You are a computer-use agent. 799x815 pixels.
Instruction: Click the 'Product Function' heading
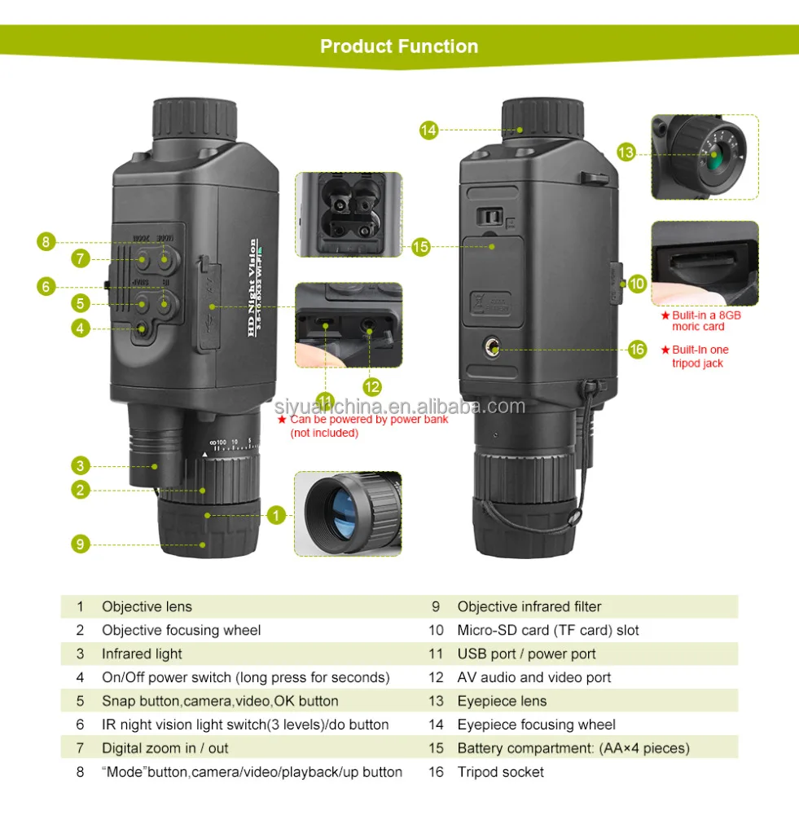tap(399, 46)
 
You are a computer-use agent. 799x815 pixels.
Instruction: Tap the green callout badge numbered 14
tap(429, 130)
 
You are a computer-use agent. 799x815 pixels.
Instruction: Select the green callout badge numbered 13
tap(626, 152)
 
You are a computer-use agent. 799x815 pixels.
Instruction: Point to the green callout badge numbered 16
tap(638, 350)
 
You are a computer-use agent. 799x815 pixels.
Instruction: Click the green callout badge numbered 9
tap(80, 544)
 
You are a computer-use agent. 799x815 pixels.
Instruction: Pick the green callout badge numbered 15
tap(420, 245)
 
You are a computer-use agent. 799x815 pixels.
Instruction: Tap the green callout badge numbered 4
tap(80, 328)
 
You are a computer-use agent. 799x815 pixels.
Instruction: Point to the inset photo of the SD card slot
tap(705, 264)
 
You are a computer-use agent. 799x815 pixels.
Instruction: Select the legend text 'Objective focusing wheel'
tap(181, 630)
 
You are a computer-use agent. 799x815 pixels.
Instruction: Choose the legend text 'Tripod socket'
tap(500, 772)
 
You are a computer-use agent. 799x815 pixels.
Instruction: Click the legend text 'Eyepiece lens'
tap(502, 701)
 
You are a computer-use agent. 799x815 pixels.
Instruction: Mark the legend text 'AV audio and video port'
tap(533, 677)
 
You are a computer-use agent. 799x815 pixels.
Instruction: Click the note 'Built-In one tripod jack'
tap(699, 356)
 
